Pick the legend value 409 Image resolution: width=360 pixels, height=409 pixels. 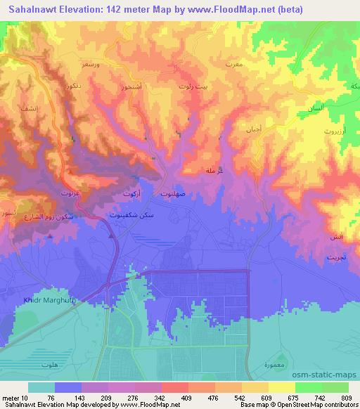[186, 398]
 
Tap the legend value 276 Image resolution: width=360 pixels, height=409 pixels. [133, 398]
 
